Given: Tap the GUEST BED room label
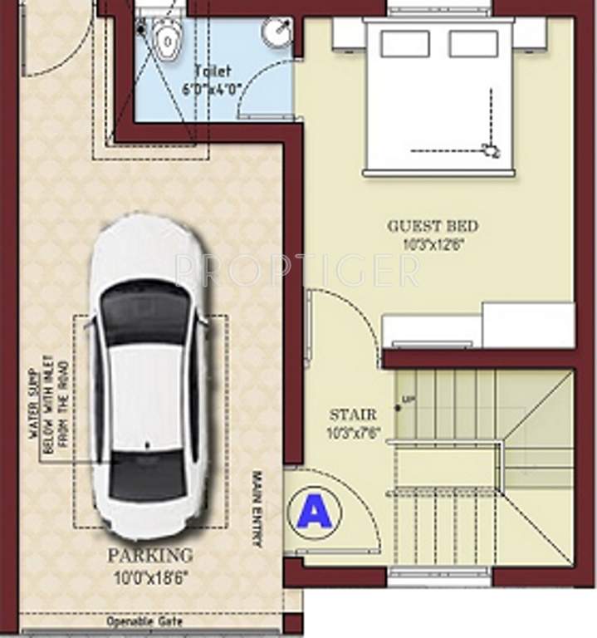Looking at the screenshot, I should pyautogui.click(x=433, y=226).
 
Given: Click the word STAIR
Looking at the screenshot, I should pyautogui.click(x=353, y=414).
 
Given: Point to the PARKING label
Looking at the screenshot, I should pyautogui.click(x=150, y=555).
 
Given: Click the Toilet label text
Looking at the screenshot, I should pyautogui.click(x=213, y=71).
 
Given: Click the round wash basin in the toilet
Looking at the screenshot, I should pyautogui.click(x=276, y=33).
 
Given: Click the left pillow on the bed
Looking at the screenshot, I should pyautogui.click(x=404, y=43).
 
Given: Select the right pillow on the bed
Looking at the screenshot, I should pyautogui.click(x=473, y=43).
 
